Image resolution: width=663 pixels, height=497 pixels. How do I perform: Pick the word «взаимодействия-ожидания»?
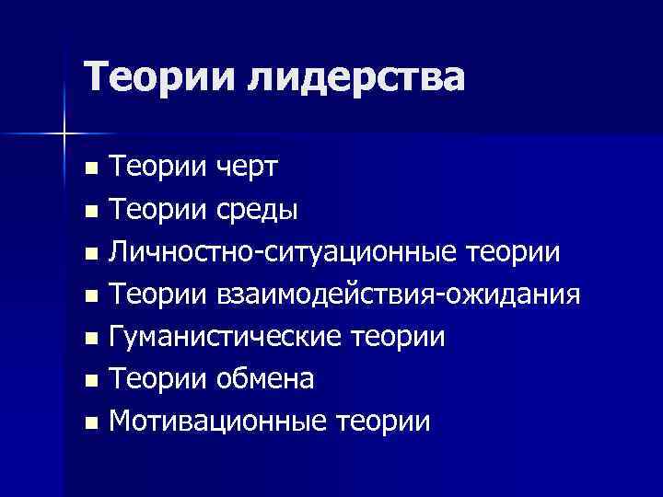click(x=398, y=295)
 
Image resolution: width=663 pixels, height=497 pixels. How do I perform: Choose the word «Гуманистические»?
click(x=227, y=337)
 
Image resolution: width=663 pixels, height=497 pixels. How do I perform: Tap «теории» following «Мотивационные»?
click(x=383, y=422)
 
